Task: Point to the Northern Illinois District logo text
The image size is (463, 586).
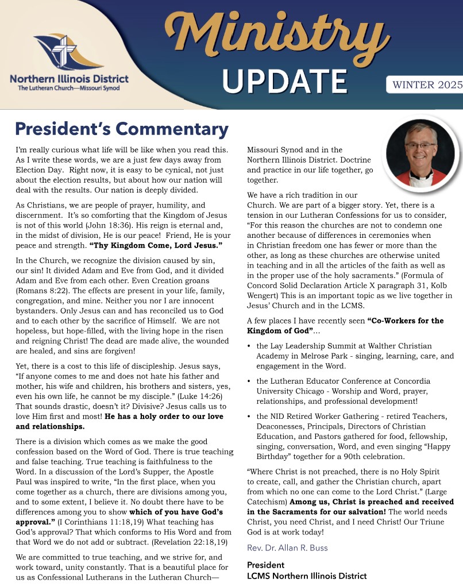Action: point(69,79)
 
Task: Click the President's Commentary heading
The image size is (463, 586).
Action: point(122,129)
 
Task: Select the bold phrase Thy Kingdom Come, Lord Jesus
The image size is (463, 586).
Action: point(156,245)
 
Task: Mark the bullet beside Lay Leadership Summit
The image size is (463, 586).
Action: point(248,347)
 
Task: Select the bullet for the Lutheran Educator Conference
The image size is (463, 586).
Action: point(248,381)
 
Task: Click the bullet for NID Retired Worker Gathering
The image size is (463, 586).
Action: point(248,417)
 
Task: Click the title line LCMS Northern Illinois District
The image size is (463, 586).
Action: point(306,575)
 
